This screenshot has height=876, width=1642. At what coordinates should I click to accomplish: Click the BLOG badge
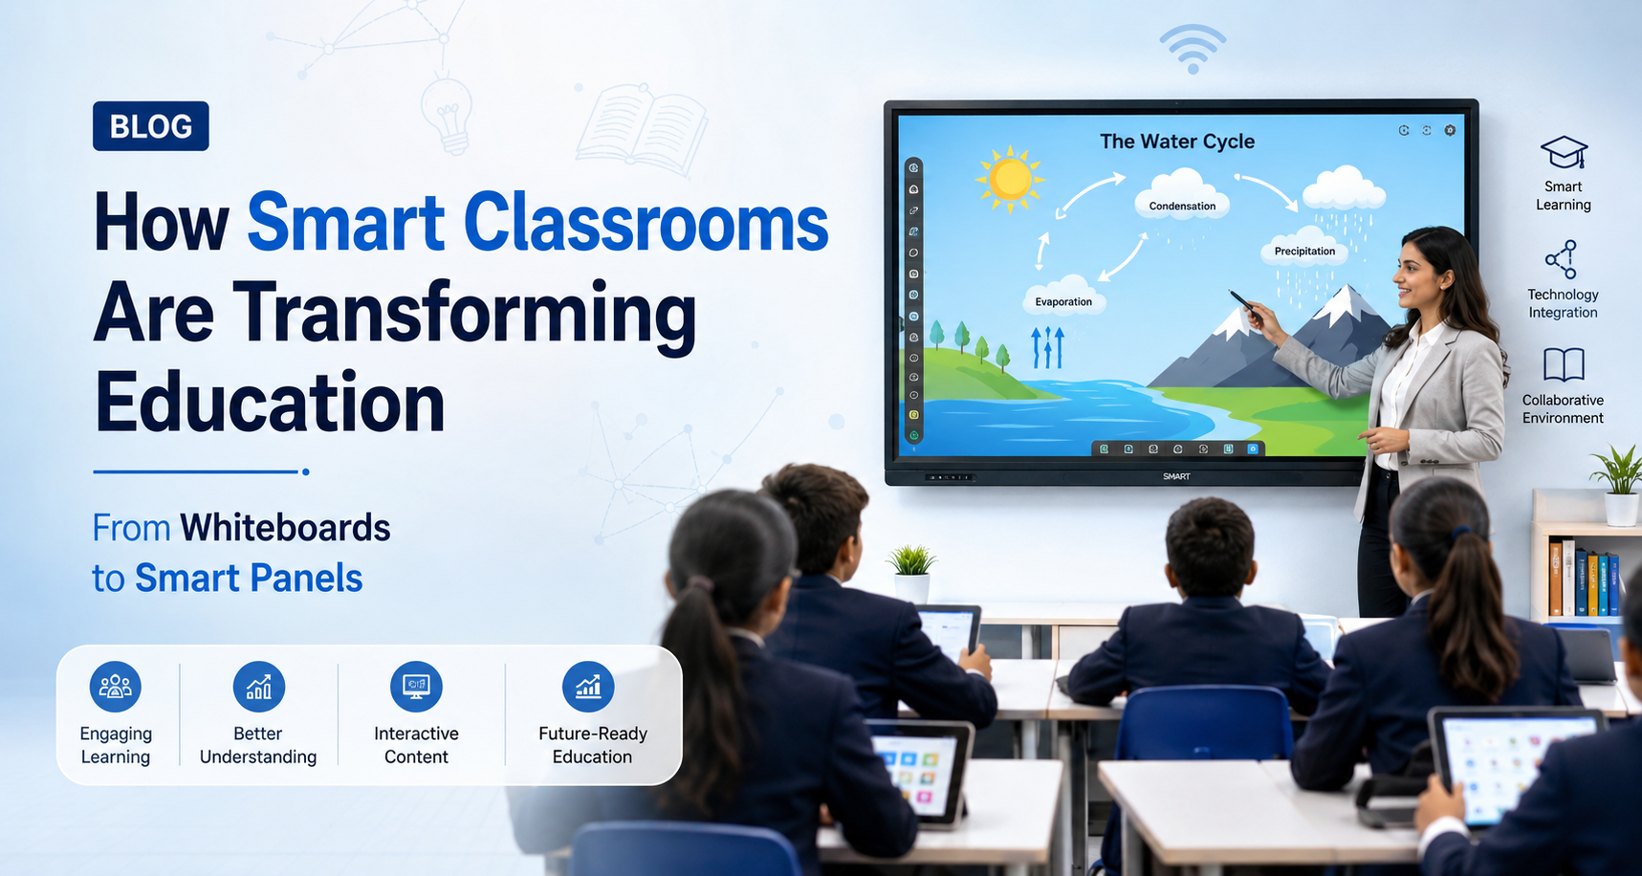click(151, 126)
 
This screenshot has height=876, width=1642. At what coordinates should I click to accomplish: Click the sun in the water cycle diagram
click(1010, 179)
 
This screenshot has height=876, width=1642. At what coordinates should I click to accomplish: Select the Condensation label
click(1182, 206)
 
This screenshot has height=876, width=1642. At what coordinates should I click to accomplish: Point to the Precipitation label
click(1304, 252)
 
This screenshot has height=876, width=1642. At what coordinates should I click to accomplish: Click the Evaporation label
click(1063, 302)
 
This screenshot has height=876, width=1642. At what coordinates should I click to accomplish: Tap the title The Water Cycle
click(1177, 142)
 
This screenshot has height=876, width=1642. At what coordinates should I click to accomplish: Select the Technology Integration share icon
click(1562, 259)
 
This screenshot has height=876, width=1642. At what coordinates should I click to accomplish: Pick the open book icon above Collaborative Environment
click(1564, 365)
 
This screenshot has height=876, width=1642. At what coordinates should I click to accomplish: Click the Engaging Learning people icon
click(116, 687)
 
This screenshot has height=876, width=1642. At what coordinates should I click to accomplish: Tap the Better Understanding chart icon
click(258, 687)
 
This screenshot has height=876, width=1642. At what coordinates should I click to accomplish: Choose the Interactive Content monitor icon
click(416, 687)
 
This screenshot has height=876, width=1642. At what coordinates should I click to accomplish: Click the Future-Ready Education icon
click(588, 687)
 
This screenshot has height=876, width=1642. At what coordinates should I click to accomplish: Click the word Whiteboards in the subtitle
click(285, 528)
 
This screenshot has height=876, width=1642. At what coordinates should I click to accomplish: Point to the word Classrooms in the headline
click(646, 223)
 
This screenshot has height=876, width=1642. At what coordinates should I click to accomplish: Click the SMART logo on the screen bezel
click(1176, 476)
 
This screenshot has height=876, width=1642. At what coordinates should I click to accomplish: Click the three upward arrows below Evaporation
click(1048, 347)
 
